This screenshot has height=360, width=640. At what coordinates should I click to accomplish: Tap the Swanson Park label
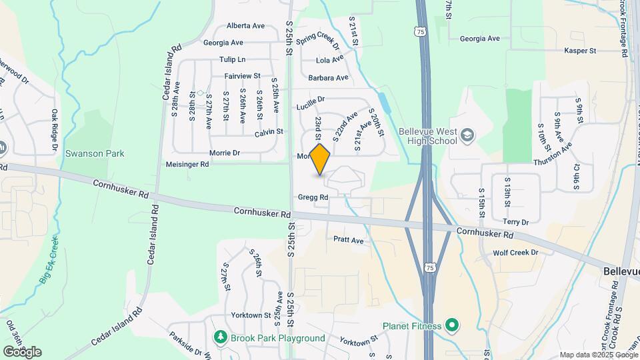pyautogui.click(x=95, y=153)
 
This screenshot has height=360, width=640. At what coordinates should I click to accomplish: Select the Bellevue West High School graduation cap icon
pyautogui.click(x=467, y=136)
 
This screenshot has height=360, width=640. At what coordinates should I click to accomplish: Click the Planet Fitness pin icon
pyautogui.click(x=452, y=326)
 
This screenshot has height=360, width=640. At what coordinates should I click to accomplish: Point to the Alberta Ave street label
pyautogui.click(x=245, y=26)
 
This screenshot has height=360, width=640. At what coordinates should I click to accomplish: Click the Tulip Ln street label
pyautogui.click(x=233, y=59)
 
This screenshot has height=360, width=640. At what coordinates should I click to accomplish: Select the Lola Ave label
pyautogui.click(x=329, y=60)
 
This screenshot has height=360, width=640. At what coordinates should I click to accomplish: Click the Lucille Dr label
pyautogui.click(x=309, y=99)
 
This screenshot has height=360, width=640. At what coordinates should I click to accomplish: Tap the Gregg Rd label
pyautogui.click(x=313, y=197)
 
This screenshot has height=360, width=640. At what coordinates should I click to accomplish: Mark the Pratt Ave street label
pyautogui.click(x=348, y=240)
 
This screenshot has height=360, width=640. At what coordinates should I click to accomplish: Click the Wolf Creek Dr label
pyautogui.click(x=515, y=253)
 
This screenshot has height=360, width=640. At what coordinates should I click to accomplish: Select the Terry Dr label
pyautogui.click(x=515, y=222)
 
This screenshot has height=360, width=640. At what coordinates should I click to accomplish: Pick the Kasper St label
pyautogui.click(x=579, y=51)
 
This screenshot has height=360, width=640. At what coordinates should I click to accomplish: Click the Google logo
pyautogui.click(x=22, y=351)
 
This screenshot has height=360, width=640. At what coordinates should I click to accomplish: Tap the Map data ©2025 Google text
pyautogui.click(x=597, y=355)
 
